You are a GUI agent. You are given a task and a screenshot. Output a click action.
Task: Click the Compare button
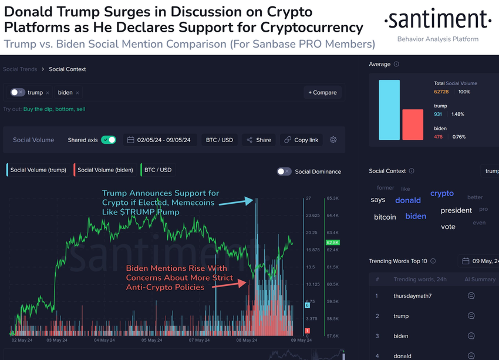click(x=322, y=92)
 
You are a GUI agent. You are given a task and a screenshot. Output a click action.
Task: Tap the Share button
click(x=259, y=140)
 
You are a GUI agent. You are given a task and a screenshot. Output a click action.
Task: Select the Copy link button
click(x=301, y=140)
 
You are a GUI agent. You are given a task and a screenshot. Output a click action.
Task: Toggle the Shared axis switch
click(x=109, y=140)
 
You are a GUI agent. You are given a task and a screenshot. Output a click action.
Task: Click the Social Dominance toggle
click(x=284, y=171)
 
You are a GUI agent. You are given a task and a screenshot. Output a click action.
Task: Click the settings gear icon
click(x=333, y=140)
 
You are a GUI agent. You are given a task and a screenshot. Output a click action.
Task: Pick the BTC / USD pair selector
click(x=220, y=140)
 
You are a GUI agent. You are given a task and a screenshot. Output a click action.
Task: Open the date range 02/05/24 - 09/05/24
click(x=161, y=140)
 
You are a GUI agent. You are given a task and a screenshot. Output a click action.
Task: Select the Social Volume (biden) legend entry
click(x=104, y=170)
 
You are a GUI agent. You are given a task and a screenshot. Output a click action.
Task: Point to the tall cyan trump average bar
click(x=389, y=110)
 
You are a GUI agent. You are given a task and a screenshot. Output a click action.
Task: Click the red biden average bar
click(x=413, y=125)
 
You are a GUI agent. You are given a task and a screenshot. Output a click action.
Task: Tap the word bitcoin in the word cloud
click(x=385, y=217)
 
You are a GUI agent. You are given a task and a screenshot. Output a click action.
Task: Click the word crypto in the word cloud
click(x=442, y=193)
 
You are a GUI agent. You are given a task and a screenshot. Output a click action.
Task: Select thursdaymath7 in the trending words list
click(x=412, y=296)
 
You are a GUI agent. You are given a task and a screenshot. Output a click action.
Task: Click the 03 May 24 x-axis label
click(x=56, y=340)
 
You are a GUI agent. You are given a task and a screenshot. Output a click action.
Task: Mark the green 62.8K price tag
click(x=333, y=242)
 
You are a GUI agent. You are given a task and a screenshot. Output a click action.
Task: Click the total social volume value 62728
click(x=441, y=92)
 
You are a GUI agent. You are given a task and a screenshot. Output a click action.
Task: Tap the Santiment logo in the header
click(x=437, y=21)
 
